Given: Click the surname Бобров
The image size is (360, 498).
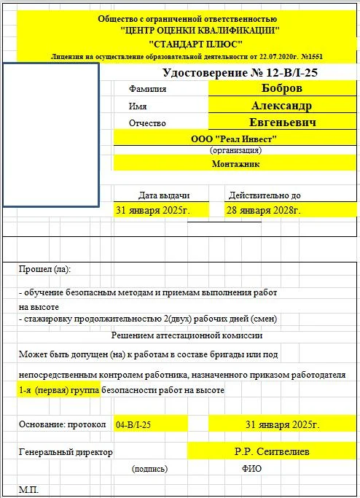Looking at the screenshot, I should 281,87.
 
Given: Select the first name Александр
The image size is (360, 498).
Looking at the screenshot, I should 281,105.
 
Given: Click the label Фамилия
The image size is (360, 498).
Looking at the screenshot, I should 147,89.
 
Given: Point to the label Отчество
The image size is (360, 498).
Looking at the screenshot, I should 148,123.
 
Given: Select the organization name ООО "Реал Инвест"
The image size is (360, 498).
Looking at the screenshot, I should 235,139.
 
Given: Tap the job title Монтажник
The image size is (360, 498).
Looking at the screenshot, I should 235,164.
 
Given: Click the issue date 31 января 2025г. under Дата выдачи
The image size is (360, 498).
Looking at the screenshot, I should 153,210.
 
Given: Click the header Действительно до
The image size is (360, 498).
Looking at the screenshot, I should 265,195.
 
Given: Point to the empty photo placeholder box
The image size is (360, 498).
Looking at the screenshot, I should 51,134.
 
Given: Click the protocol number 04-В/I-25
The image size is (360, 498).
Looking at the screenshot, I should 134,424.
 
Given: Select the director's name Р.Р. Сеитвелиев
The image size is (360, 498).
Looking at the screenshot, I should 271,452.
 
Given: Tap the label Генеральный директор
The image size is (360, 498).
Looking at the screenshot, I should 66,452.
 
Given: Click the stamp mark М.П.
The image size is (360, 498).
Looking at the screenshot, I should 29,489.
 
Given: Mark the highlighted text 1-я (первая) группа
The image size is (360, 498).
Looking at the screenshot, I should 58,390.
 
